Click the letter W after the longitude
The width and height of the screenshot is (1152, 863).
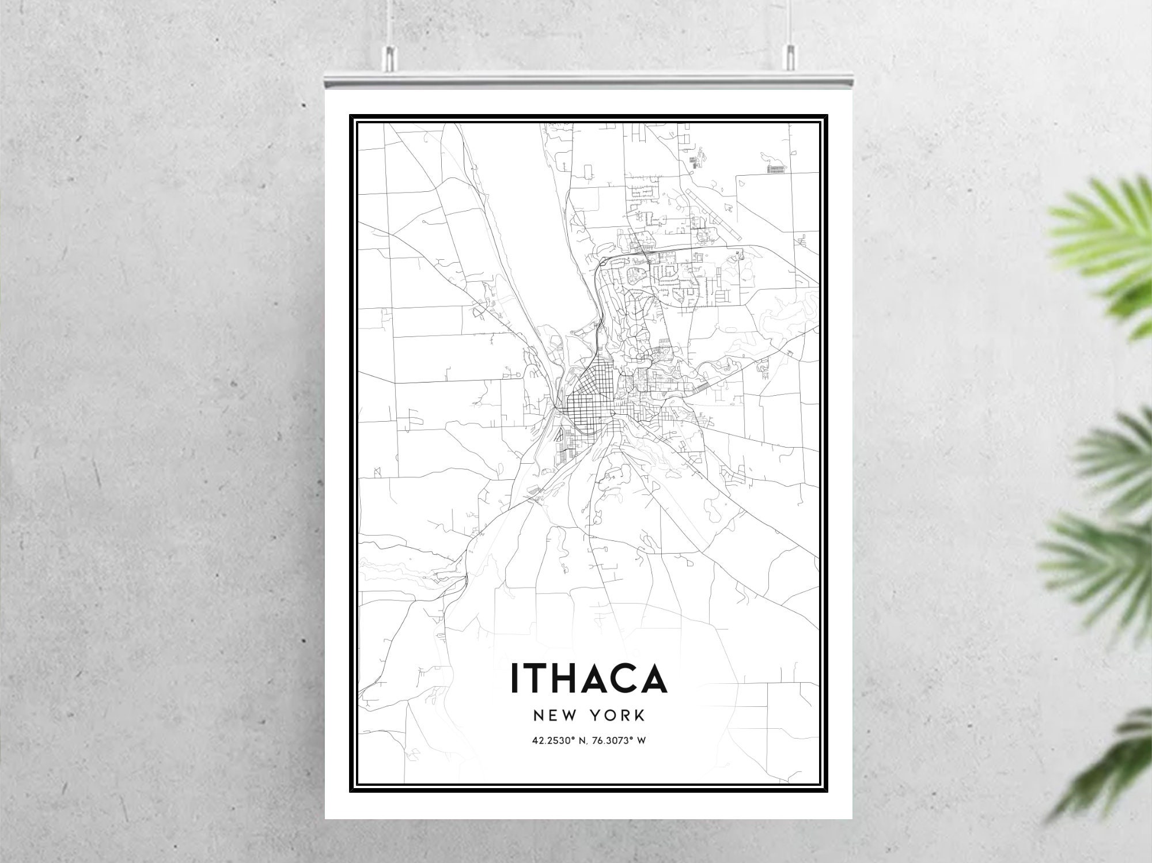click(641, 740)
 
